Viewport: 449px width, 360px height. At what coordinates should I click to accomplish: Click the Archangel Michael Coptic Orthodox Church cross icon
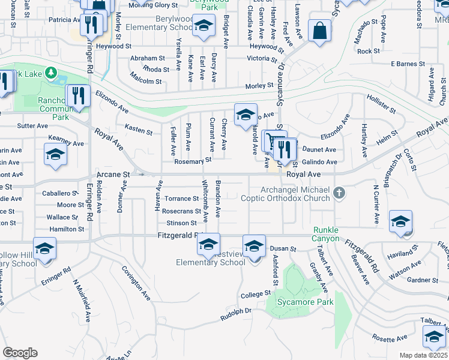[340, 193]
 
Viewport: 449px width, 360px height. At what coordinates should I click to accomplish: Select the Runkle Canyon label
[326, 235]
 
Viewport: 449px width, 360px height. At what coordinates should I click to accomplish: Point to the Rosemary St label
[193, 161]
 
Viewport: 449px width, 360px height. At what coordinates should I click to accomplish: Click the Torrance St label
[181, 199]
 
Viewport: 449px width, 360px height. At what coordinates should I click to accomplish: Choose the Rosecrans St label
[181, 211]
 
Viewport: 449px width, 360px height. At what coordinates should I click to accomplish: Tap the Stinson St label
[182, 223]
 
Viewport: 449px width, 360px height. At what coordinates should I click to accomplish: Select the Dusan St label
[283, 248]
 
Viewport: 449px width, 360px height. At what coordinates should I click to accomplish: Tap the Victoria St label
[262, 59]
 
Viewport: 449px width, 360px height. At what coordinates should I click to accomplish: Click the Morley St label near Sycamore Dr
[259, 86]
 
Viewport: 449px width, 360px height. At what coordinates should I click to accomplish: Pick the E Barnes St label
[408, 63]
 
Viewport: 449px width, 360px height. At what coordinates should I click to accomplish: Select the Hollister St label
[382, 104]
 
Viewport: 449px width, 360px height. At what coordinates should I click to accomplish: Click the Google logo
[20, 353]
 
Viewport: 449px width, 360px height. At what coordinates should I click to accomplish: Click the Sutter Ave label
[32, 126]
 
